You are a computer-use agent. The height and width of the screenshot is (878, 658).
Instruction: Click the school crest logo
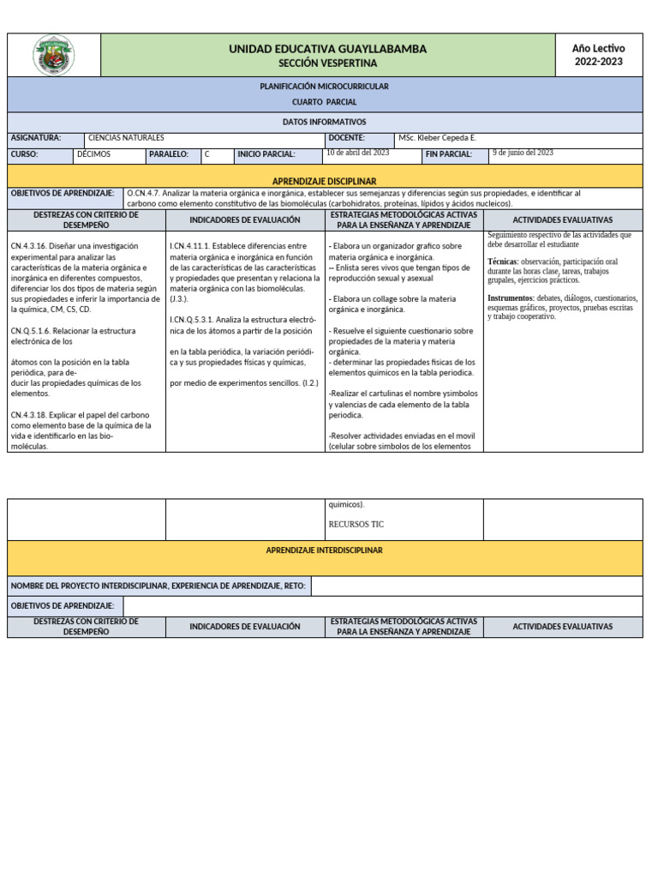click(x=53, y=55)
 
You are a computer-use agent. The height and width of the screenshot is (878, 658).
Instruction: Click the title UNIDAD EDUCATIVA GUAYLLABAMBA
click(x=327, y=50)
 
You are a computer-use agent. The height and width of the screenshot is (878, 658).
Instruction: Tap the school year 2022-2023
click(x=599, y=62)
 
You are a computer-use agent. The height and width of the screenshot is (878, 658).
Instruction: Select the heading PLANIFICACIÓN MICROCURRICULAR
click(x=325, y=87)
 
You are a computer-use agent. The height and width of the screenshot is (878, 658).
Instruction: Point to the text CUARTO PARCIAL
click(x=325, y=102)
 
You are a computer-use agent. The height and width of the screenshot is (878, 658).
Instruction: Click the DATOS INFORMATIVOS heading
click(x=325, y=123)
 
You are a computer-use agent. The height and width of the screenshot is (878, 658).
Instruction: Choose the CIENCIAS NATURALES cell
click(x=126, y=138)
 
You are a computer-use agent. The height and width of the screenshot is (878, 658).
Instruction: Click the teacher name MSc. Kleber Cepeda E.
click(x=437, y=138)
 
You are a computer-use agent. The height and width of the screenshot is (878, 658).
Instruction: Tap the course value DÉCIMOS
click(x=93, y=155)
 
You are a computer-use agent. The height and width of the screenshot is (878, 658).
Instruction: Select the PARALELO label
click(x=169, y=155)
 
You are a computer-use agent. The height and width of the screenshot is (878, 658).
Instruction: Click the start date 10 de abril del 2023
click(x=358, y=153)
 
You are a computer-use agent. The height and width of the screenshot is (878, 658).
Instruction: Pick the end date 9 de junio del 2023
click(x=523, y=153)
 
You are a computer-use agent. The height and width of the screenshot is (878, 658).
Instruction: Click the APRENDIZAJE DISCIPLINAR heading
click(x=325, y=182)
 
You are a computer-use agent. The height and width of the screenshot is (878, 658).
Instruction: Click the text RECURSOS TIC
click(x=356, y=524)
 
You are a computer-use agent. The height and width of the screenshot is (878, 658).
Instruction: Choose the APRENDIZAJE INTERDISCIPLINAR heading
click(x=325, y=550)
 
